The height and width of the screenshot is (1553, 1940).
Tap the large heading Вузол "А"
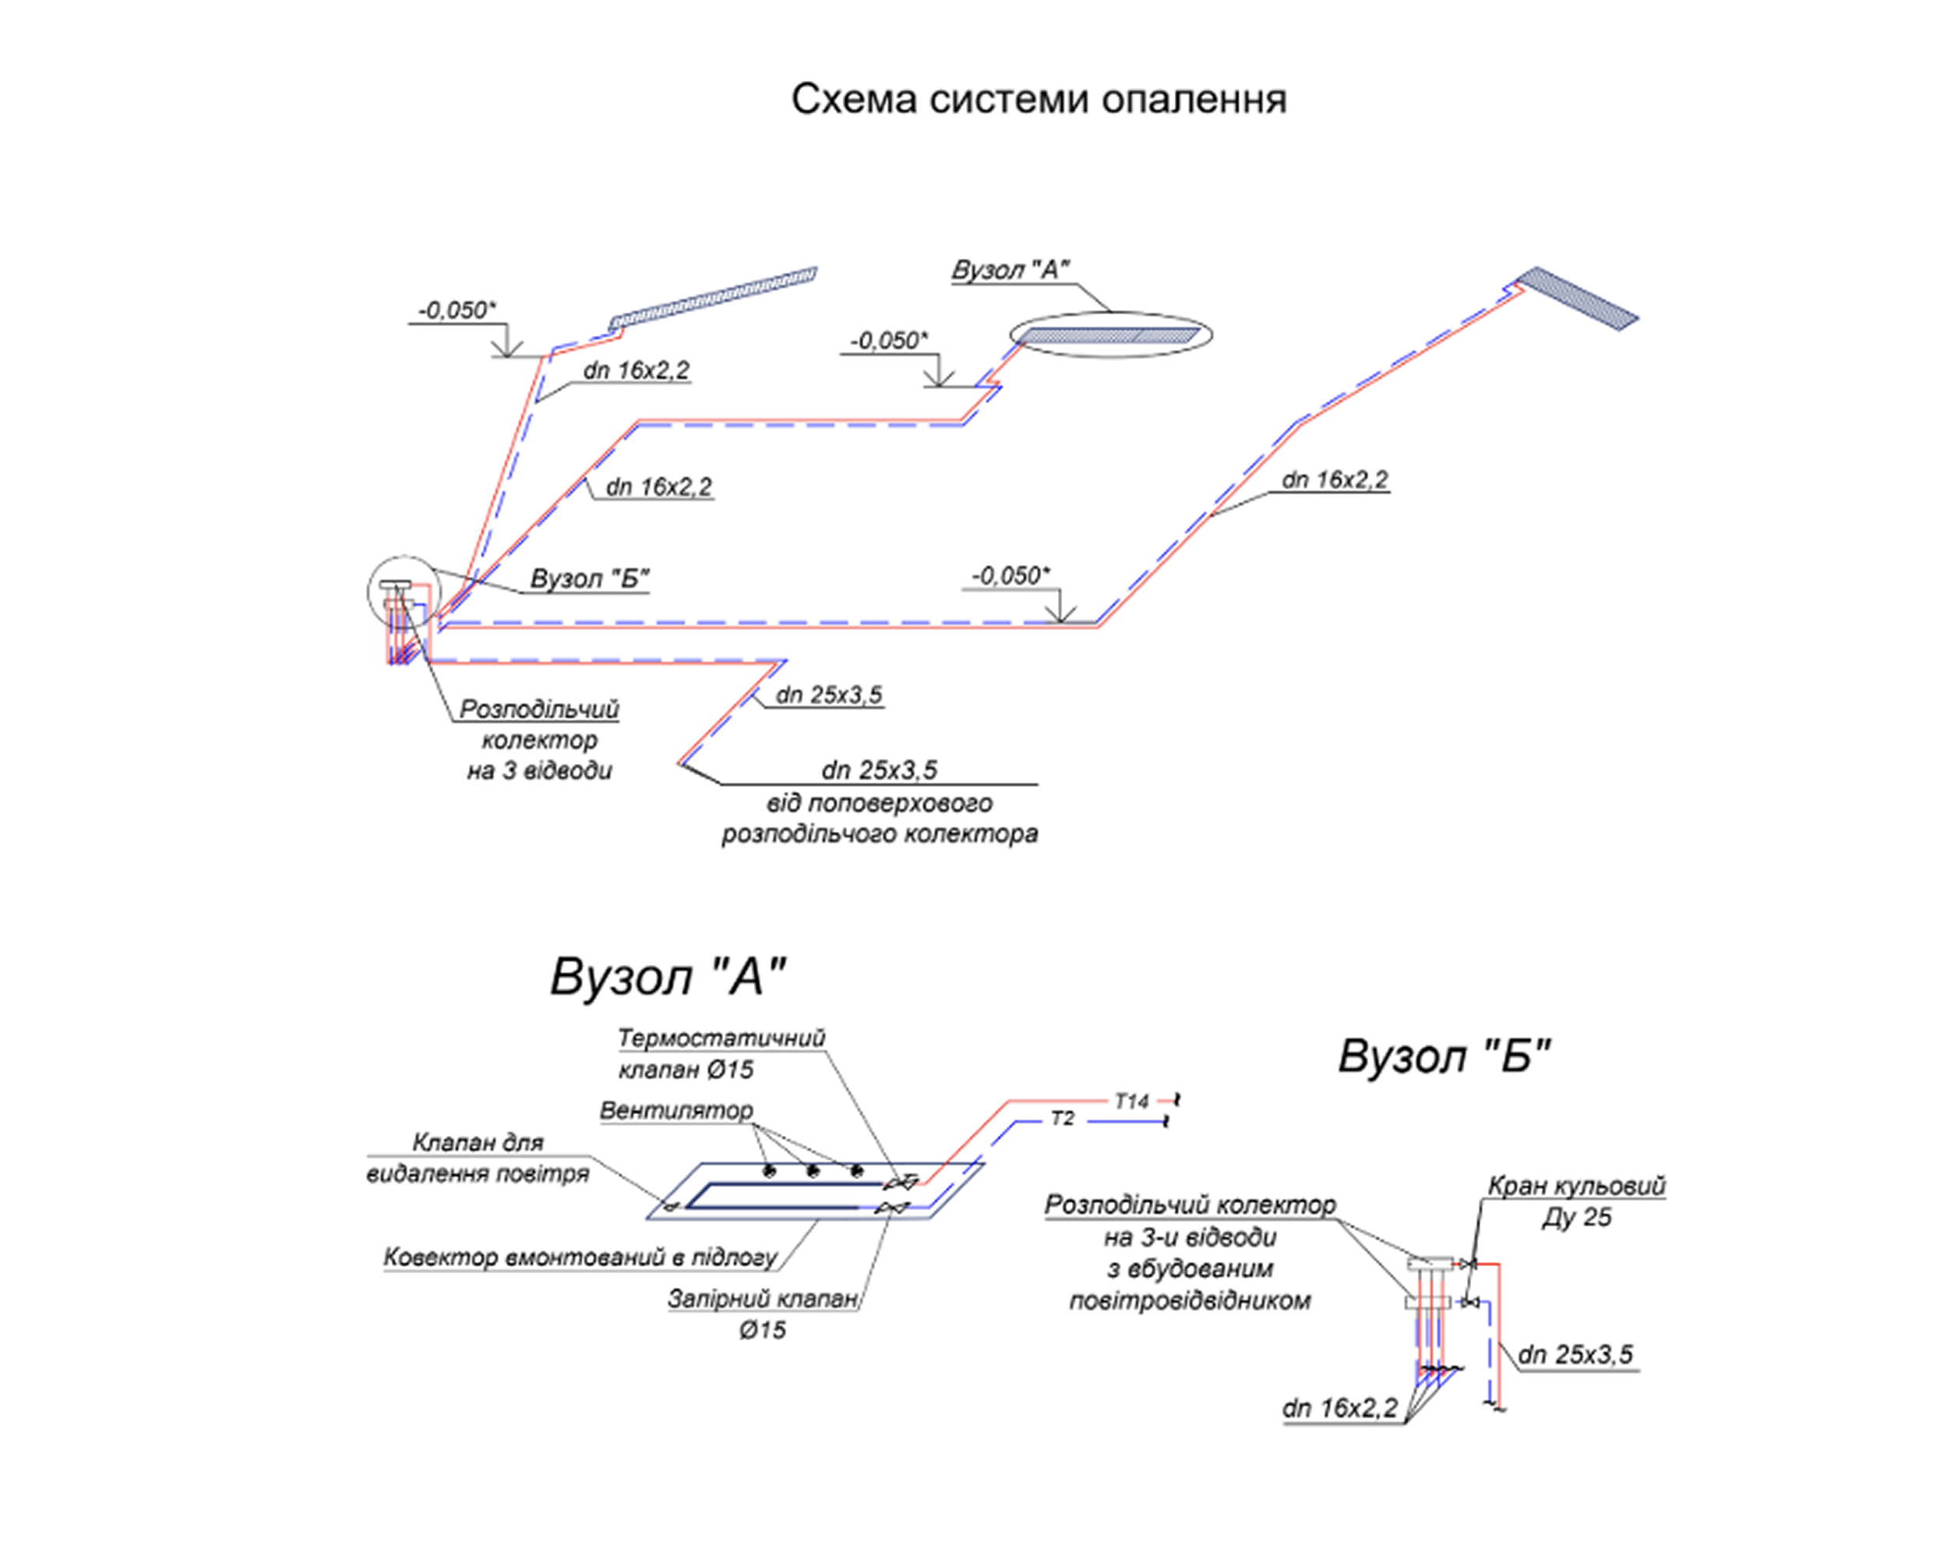(x=668, y=977)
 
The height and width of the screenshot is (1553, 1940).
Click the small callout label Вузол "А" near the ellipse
(x=1010, y=270)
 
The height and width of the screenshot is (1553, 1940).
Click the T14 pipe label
(x=1131, y=1101)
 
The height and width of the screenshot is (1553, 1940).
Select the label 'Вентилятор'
(x=675, y=1111)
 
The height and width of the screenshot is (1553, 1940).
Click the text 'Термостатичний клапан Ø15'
(x=720, y=1054)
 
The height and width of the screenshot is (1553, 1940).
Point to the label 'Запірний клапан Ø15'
(x=762, y=1314)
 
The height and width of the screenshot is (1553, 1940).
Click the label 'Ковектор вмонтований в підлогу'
(x=580, y=1258)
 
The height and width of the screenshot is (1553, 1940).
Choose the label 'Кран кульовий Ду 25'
(x=1575, y=1201)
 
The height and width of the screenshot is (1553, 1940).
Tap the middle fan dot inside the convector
(x=813, y=1171)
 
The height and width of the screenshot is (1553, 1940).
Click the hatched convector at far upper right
(x=1575, y=298)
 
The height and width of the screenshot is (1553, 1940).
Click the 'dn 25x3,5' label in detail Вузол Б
(x=1575, y=1355)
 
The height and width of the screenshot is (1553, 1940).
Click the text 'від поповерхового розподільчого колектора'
(x=879, y=819)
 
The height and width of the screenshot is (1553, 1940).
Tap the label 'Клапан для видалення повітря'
(x=478, y=1158)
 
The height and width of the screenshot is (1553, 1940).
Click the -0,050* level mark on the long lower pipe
(x=1011, y=575)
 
